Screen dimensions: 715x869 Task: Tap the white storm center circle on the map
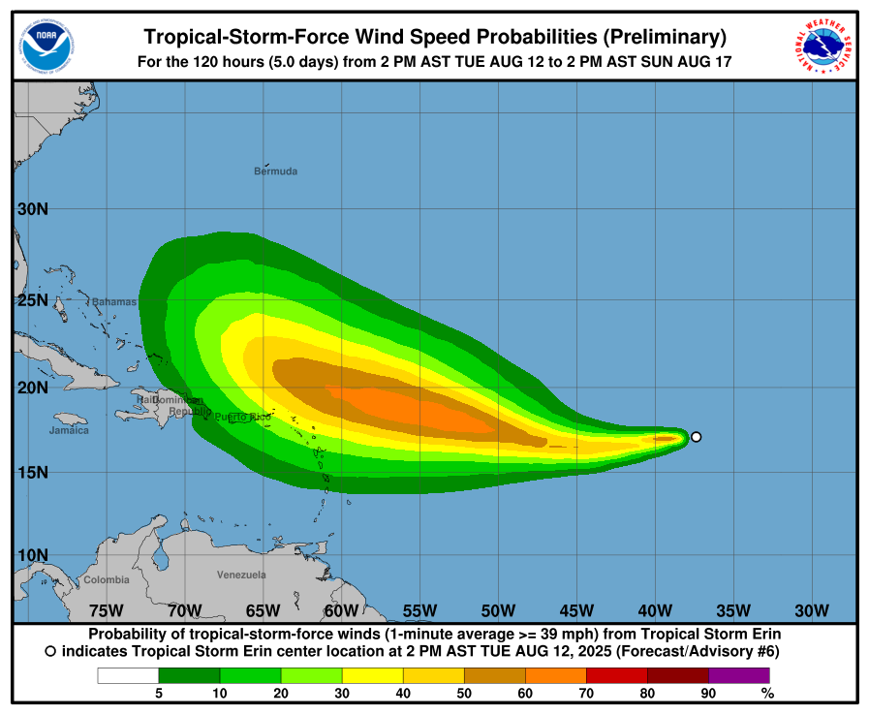(x=696, y=437)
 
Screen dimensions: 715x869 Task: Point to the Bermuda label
(x=275, y=171)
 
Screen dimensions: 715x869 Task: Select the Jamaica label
(x=69, y=430)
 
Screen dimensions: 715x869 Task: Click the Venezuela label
(x=241, y=575)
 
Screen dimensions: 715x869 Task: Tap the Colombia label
(x=106, y=579)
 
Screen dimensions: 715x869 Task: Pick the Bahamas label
(x=114, y=301)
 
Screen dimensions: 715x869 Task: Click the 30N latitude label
(x=33, y=208)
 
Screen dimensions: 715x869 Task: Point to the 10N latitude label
(x=33, y=555)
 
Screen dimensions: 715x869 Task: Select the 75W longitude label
(x=106, y=609)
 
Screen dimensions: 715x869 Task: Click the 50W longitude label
(x=498, y=609)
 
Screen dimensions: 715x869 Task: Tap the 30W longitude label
(x=812, y=609)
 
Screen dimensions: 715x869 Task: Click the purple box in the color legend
(x=739, y=675)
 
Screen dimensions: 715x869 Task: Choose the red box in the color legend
(x=616, y=675)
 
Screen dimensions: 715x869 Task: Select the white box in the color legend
(x=127, y=675)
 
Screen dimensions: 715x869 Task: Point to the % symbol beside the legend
(x=767, y=693)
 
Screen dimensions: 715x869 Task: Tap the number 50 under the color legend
(x=464, y=693)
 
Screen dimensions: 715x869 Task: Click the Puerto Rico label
(x=242, y=417)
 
